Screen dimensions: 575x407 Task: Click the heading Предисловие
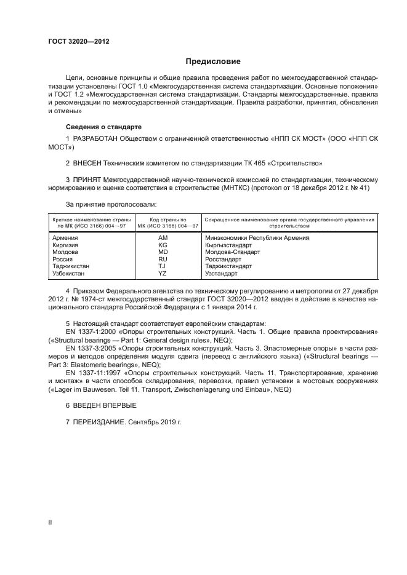point(213,61)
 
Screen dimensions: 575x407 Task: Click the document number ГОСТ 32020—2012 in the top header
point(78,42)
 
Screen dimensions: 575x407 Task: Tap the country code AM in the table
point(163,237)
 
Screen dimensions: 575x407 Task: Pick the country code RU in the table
point(163,259)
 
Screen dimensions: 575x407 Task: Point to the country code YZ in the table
point(163,273)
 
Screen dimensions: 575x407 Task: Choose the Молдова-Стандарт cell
point(233,252)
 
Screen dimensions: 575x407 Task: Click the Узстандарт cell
point(222,273)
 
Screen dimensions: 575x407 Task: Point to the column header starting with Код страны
point(163,222)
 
